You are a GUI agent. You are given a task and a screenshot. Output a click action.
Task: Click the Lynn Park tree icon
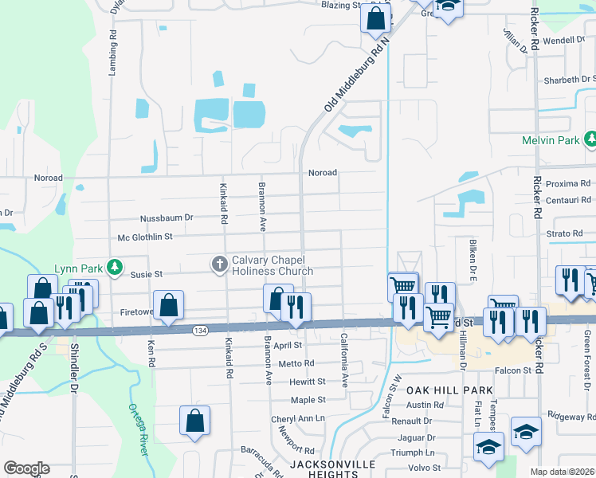[116, 266]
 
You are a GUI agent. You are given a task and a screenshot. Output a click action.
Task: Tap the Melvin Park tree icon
[590, 139]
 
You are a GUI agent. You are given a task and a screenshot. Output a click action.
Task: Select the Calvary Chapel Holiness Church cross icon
[220, 263]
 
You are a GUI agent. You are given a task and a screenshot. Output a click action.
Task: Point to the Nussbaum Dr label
[167, 217]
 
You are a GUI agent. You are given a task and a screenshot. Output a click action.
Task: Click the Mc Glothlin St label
[145, 237]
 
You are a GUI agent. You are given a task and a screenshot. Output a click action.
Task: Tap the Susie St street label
[146, 273]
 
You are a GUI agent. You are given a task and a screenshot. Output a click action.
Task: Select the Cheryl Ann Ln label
[298, 418]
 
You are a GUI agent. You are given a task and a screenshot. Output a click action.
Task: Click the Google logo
[25, 468]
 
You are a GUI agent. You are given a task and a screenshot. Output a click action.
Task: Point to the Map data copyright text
[562, 472]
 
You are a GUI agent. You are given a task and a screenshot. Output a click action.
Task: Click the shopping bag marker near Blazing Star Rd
[376, 18]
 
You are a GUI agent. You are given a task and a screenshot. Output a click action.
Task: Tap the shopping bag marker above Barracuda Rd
[194, 421]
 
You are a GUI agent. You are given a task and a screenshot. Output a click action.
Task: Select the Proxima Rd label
[568, 183]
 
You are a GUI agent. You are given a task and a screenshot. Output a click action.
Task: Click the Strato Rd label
[567, 234]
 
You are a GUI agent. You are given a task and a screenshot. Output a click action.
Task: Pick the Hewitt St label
[308, 382]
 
